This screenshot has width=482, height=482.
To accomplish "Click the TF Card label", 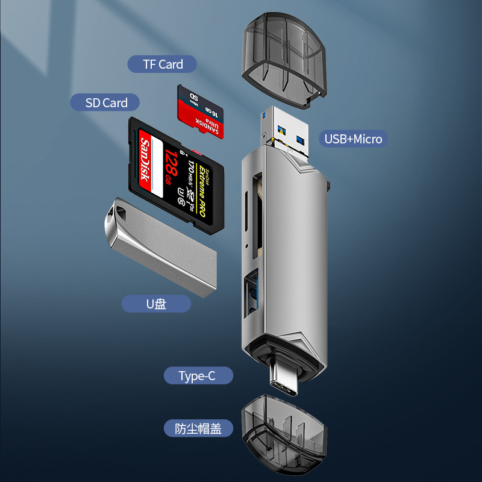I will click(163, 64).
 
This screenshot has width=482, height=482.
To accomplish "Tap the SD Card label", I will click(107, 103).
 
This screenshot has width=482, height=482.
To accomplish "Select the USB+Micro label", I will click(353, 139).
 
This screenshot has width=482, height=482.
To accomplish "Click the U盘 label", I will click(156, 304).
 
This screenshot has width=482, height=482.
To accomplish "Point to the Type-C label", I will click(197, 377).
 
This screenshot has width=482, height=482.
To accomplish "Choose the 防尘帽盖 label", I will click(198, 429).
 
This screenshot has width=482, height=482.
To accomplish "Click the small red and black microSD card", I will click(201, 112).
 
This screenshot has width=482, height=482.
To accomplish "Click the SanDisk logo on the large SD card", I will click(144, 160).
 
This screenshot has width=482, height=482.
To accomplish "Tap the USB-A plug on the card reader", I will click(286, 130).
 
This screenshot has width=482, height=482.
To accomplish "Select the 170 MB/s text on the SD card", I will click(190, 171).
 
